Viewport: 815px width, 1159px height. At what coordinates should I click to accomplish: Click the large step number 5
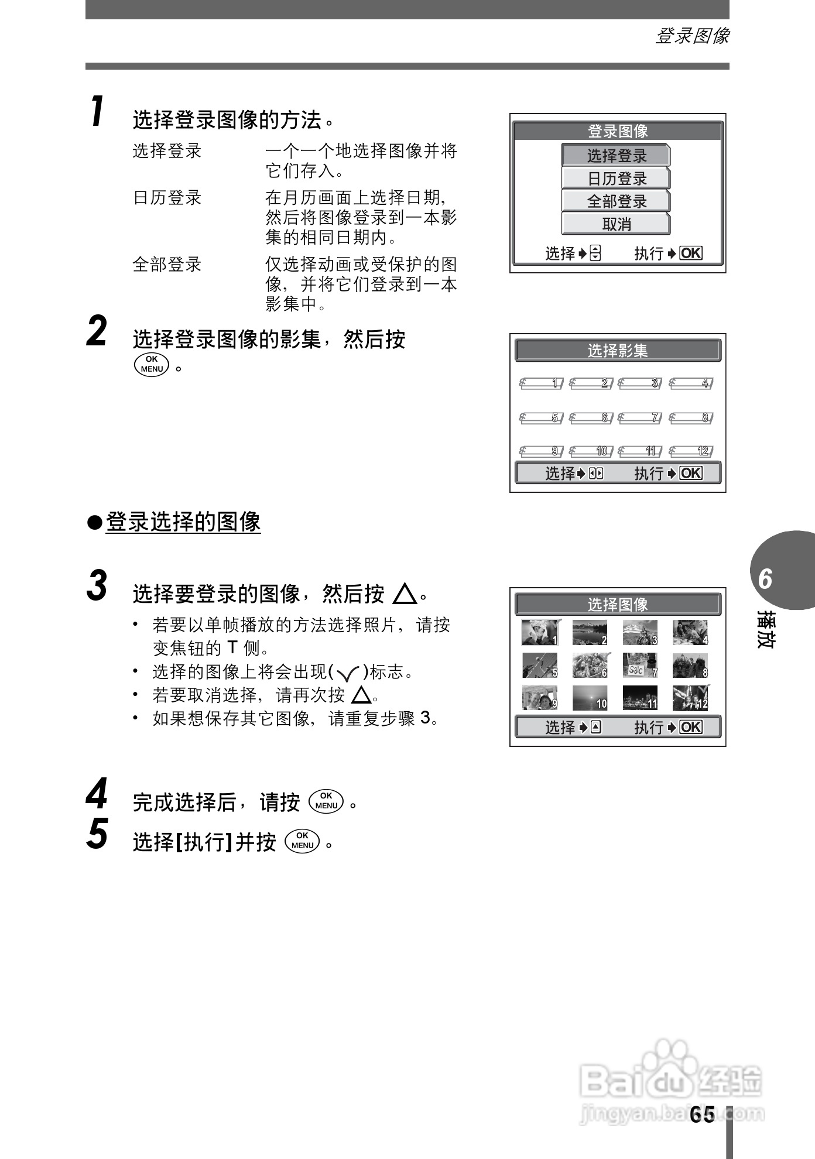click(97, 834)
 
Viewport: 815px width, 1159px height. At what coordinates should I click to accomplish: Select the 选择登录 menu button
click(616, 156)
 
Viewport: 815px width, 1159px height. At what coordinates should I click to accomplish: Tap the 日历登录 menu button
click(616, 179)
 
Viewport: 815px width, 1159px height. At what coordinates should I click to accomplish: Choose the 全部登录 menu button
click(616, 201)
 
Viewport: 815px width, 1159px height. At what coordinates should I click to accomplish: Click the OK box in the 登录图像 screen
click(691, 253)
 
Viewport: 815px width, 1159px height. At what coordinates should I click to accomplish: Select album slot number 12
click(691, 451)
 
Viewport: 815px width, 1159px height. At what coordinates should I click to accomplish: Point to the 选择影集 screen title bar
click(618, 351)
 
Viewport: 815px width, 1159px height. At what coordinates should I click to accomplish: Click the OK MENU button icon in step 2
click(152, 364)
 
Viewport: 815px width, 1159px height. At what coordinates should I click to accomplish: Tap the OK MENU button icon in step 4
click(327, 801)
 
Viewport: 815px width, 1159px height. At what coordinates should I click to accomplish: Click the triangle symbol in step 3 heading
click(405, 594)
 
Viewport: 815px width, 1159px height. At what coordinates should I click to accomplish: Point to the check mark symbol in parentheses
click(348, 674)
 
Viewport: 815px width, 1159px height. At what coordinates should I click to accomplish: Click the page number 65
click(702, 1115)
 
